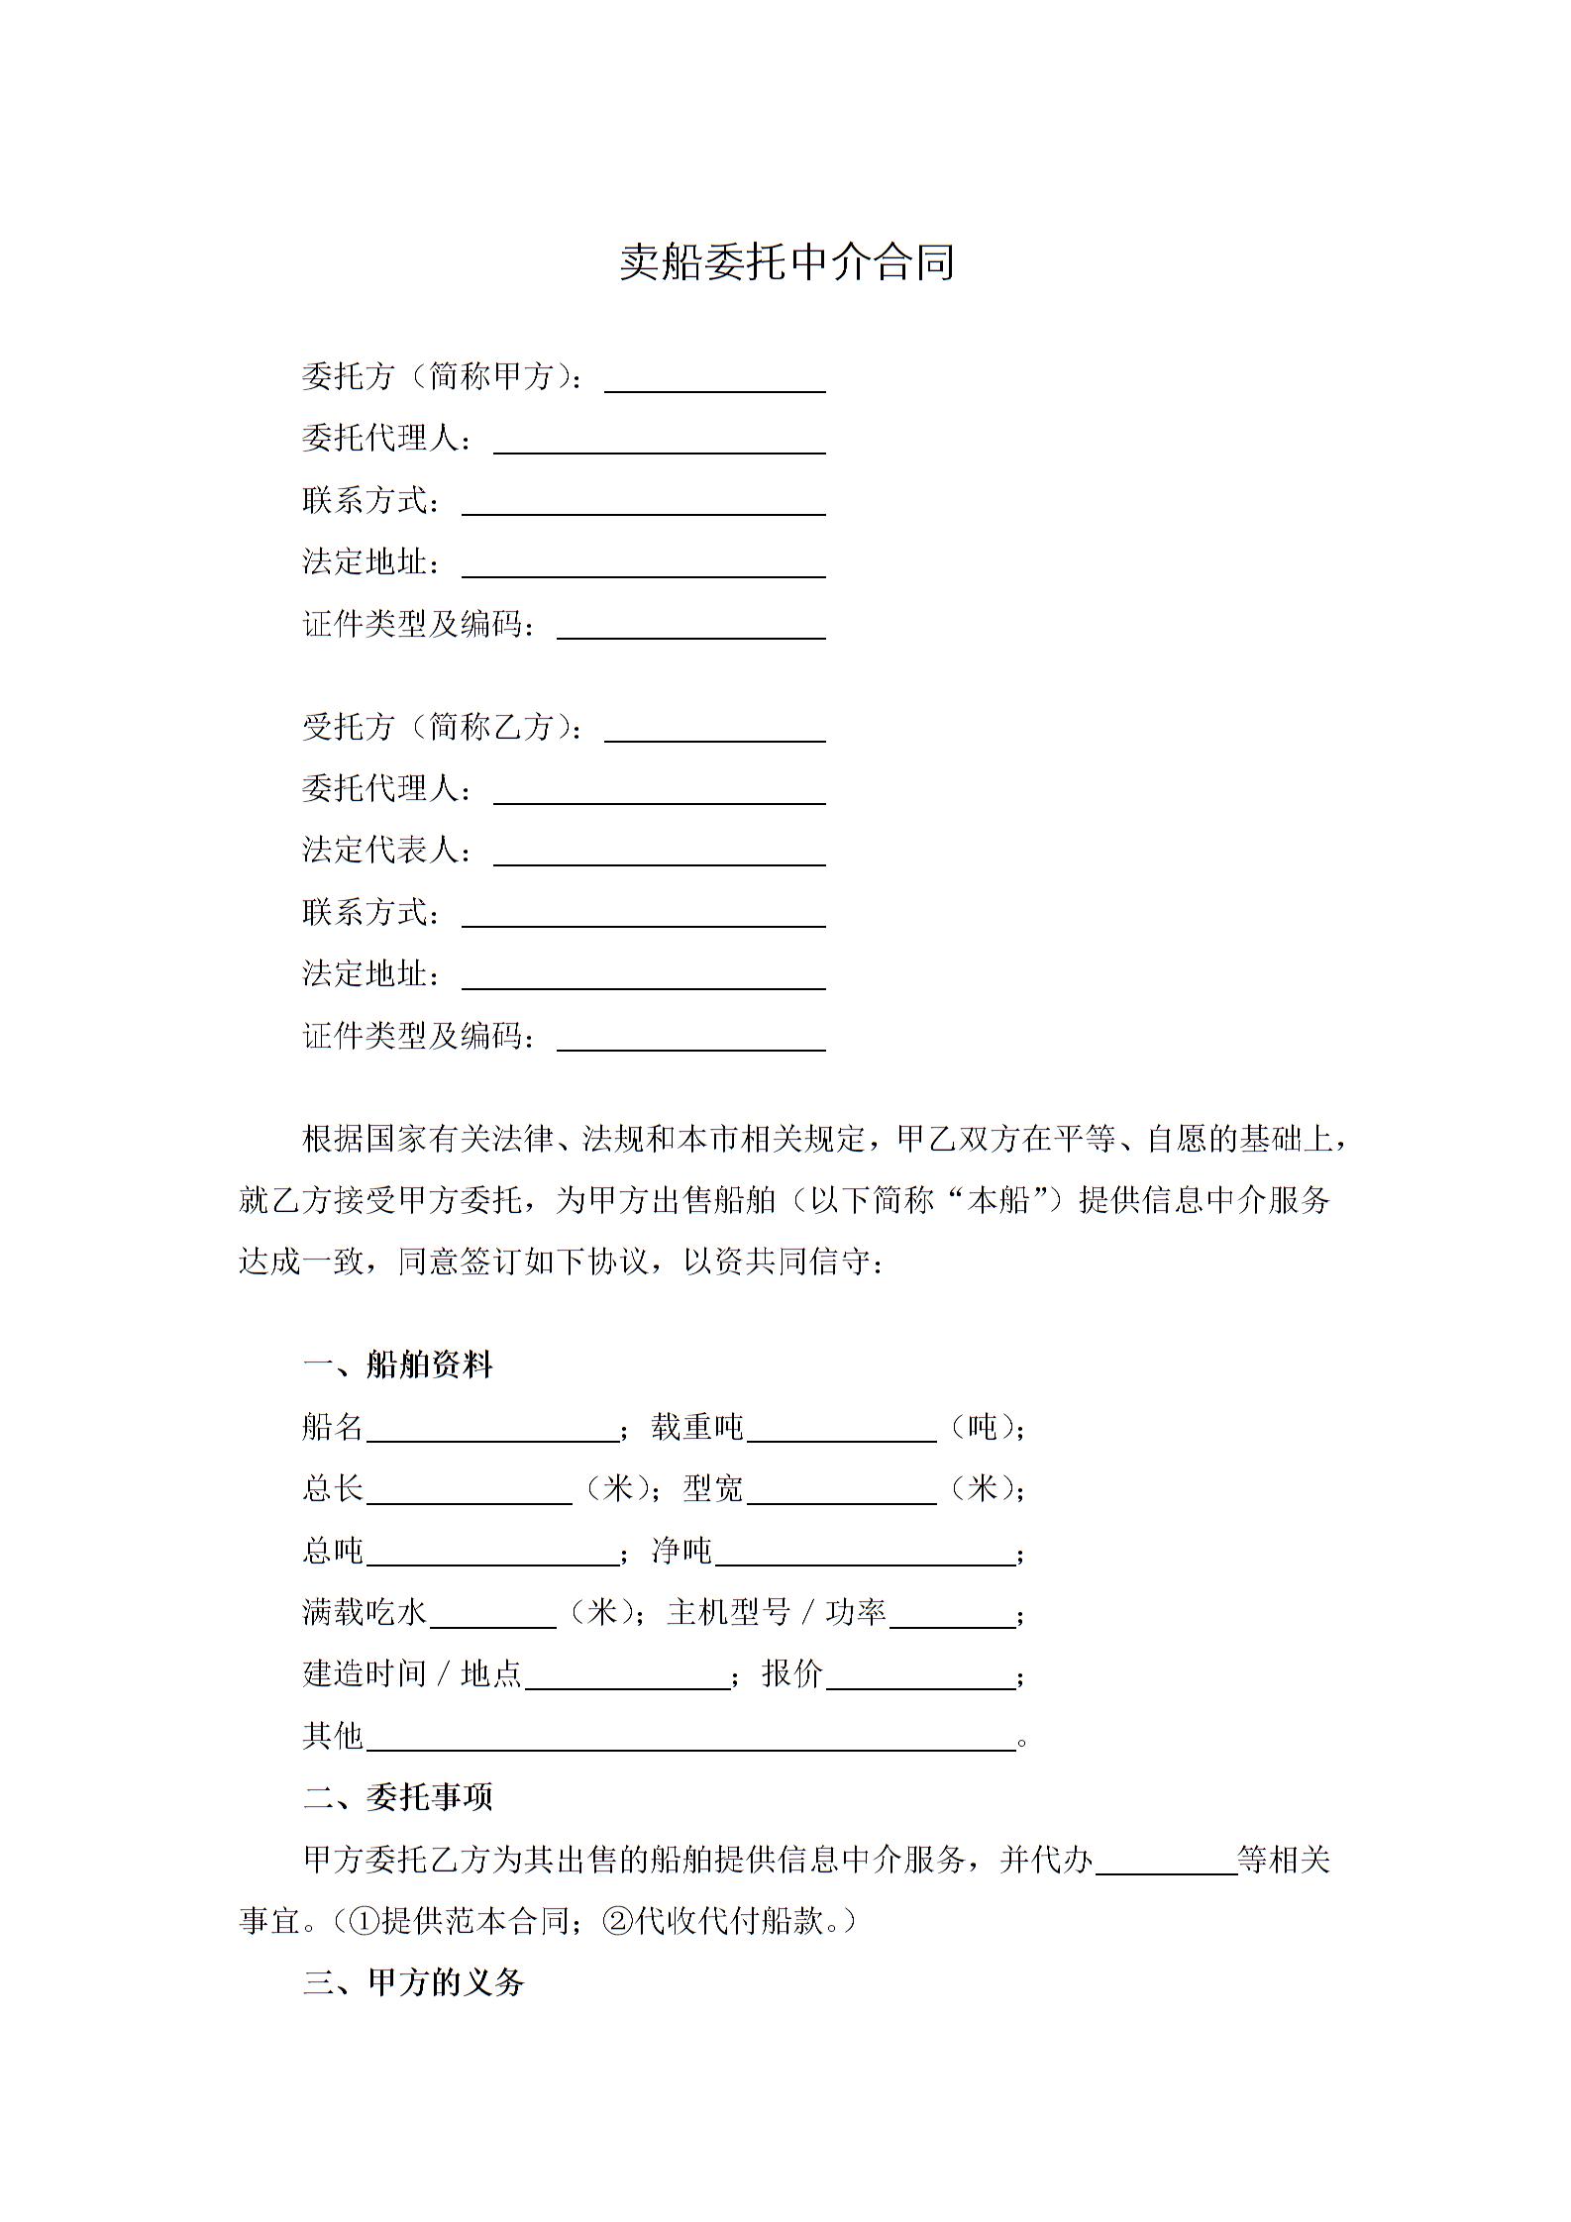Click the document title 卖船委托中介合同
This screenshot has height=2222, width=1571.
coord(786,262)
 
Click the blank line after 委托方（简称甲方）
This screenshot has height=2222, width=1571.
coord(714,380)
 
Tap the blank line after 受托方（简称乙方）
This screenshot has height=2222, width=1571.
coord(714,730)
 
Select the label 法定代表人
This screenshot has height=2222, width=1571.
coord(386,851)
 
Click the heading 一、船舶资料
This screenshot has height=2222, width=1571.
coord(397,1365)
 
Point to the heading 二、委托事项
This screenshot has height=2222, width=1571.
coord(397,1797)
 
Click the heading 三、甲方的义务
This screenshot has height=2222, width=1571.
coord(413,1982)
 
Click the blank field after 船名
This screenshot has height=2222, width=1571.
coord(492,1430)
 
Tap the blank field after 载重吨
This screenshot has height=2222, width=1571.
coord(841,1430)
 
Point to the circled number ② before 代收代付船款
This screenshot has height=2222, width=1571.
coord(618,1921)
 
